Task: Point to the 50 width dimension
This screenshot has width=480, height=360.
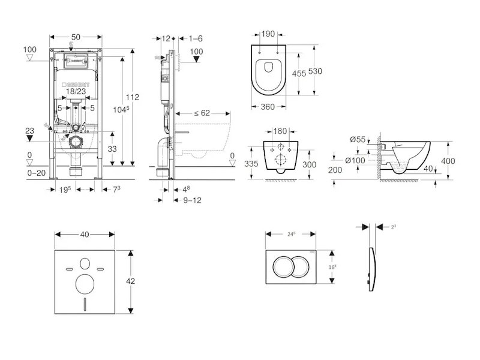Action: pyautogui.click(x=76, y=37)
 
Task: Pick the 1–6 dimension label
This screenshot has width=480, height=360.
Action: pyautogui.click(x=196, y=38)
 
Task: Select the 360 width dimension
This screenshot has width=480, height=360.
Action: pyautogui.click(x=269, y=107)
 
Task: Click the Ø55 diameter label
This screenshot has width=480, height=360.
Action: pyautogui.click(x=358, y=140)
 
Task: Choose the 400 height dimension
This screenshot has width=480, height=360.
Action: pyautogui.click(x=464, y=161)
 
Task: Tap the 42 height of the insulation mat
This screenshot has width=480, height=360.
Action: pyautogui.click(x=138, y=280)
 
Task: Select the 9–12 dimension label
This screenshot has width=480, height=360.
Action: pyautogui.click(x=193, y=200)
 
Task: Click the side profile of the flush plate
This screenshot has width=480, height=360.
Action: pyautogui.click(x=372, y=266)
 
